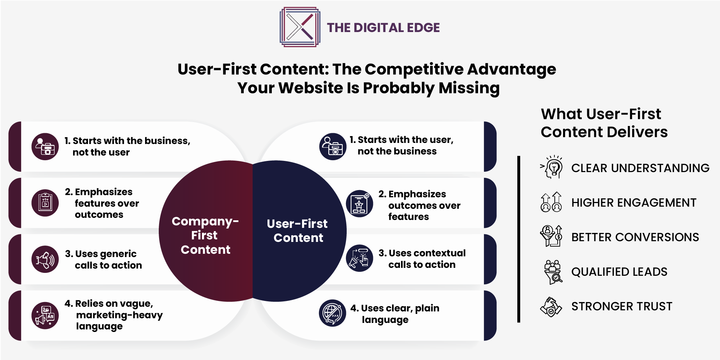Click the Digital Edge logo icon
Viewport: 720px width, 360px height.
tap(300, 27)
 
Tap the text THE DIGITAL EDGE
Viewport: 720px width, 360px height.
tap(383, 28)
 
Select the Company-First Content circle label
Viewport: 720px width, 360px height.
tap(205, 235)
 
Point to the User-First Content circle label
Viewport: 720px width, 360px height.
tap(297, 231)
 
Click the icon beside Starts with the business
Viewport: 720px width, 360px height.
tap(45, 147)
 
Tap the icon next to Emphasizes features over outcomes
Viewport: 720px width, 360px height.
tap(45, 203)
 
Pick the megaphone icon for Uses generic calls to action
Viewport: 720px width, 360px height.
tap(45, 259)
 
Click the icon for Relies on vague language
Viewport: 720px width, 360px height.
tap(45, 315)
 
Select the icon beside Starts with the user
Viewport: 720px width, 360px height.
tap(333, 147)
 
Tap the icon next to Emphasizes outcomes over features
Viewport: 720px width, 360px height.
tap(359, 204)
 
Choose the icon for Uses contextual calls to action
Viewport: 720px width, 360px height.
tap(359, 258)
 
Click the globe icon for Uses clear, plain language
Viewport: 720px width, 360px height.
tap(332, 313)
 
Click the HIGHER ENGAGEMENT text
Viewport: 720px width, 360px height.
tap(634, 203)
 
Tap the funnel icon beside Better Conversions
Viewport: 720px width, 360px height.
tap(551, 236)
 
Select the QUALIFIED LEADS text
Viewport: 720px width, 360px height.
tap(620, 272)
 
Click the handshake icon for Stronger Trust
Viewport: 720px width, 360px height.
tap(551, 307)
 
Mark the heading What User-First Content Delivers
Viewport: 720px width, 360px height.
tap(604, 123)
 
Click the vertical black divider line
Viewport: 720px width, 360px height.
tap(519, 239)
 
